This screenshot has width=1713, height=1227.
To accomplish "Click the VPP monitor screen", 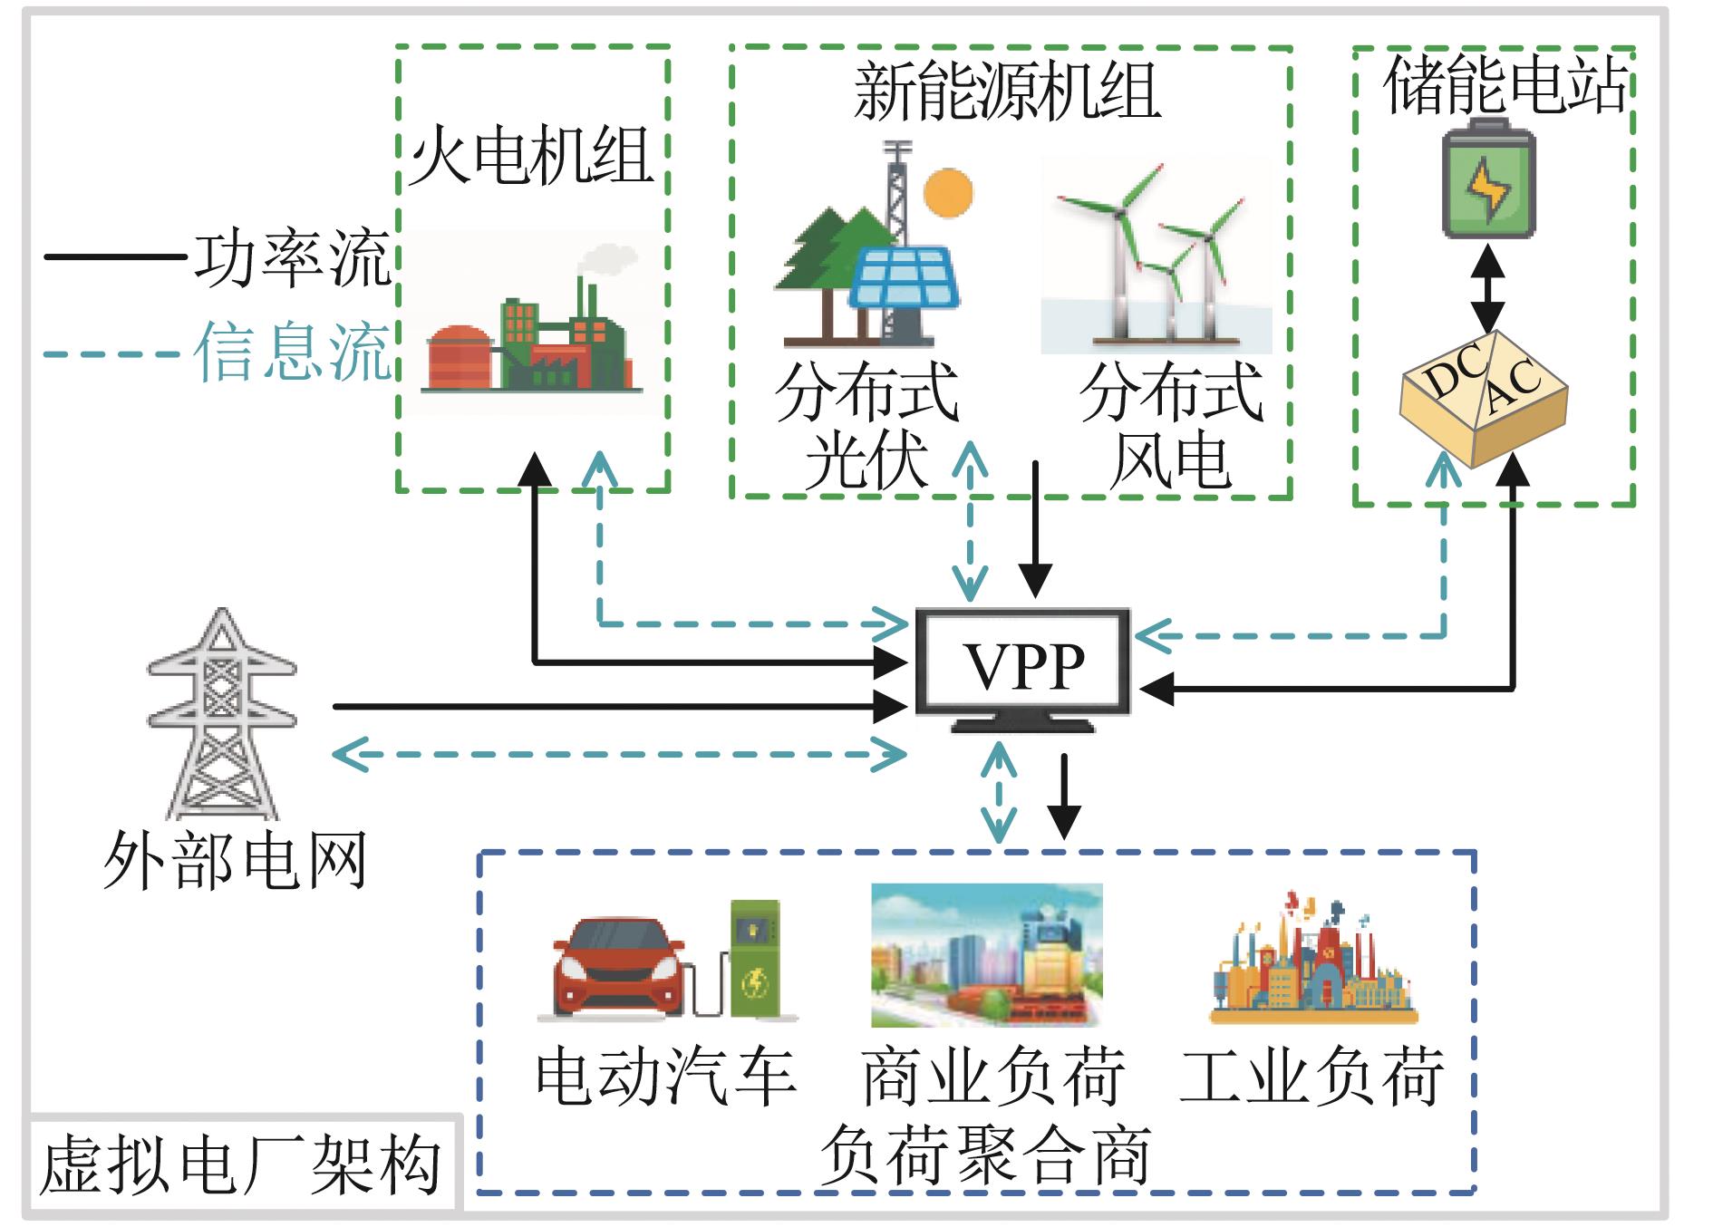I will point(1023,664).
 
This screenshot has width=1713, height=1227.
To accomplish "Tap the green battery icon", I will point(1488,182).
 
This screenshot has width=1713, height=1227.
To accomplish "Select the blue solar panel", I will point(903,279).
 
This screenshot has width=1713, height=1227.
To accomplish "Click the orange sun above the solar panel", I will point(948,193).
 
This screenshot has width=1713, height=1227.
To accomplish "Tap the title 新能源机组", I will point(1007,92).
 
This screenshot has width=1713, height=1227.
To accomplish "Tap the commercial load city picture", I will point(986,955).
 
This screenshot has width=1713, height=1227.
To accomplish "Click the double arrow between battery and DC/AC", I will point(1488,288).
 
